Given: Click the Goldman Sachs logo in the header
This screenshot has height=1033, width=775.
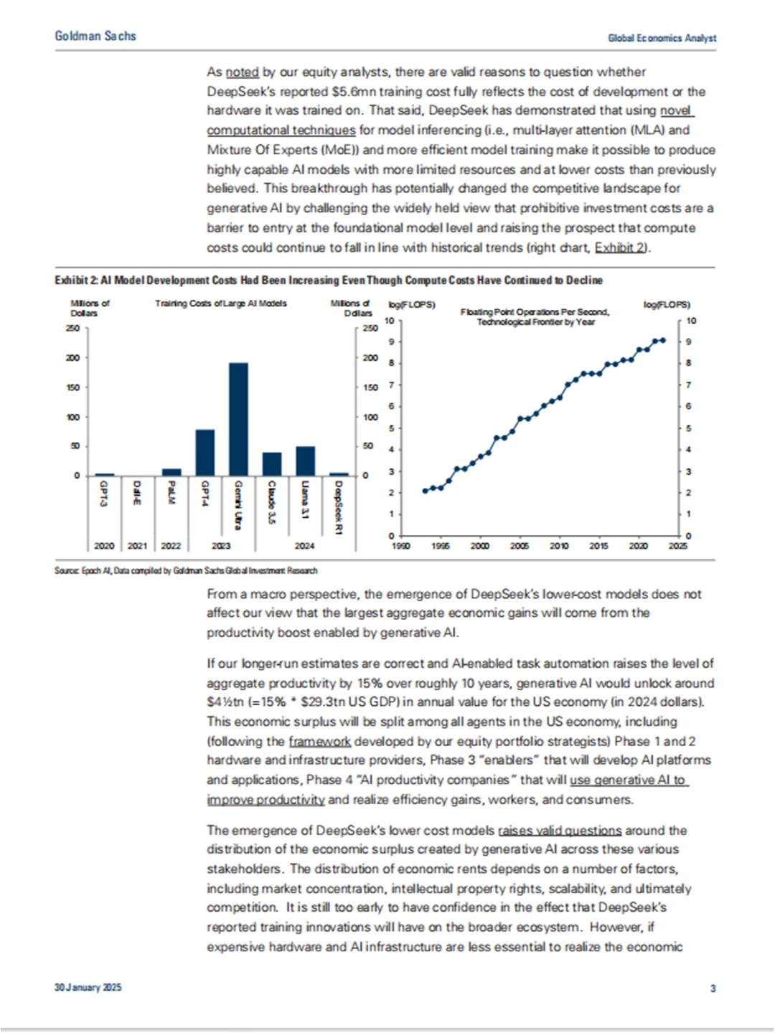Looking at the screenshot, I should (95, 36).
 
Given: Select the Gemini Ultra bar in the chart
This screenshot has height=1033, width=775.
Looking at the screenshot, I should (238, 419).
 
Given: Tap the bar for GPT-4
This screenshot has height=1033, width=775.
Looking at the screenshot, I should (205, 453).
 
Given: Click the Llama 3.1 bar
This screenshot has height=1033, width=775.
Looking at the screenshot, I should (305, 461).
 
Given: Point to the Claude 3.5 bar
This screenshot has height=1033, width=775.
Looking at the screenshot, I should (272, 464).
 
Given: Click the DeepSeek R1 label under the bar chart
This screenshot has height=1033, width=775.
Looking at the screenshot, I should (339, 506).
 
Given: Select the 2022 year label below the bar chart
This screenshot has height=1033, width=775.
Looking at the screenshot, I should (171, 546).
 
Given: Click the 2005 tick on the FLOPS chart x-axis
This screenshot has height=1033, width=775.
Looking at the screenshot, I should (520, 546).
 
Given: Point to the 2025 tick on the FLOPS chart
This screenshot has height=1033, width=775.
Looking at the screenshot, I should (677, 546).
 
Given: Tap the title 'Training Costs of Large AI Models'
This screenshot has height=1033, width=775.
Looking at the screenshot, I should (221, 303).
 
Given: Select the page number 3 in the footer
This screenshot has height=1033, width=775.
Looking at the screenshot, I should (713, 988).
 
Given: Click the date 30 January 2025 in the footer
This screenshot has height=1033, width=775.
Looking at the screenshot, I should (88, 987).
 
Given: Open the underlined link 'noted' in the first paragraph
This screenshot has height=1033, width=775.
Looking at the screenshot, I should (242, 72).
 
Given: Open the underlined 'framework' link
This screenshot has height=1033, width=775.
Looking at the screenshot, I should (319, 741).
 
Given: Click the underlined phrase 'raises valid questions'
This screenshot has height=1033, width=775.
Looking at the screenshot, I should (560, 830).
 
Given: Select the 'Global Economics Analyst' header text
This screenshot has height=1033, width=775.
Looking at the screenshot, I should (662, 38).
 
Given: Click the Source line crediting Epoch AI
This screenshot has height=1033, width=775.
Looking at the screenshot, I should (186, 570).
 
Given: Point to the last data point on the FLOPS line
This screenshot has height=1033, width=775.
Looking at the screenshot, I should (662, 340).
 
